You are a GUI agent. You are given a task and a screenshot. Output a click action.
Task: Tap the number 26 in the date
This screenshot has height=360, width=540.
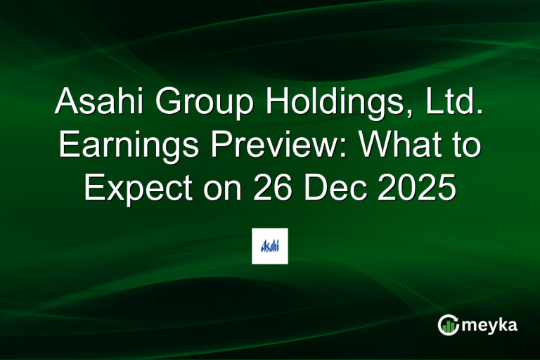[x=269, y=190]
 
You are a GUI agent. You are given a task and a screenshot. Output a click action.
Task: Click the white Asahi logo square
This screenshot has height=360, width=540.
[x=270, y=246]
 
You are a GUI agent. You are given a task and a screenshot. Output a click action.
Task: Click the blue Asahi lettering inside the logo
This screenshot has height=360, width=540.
[x=270, y=246]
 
